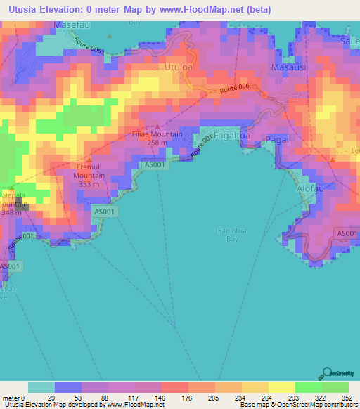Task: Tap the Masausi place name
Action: point(288,68)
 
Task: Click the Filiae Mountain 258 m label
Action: point(157,138)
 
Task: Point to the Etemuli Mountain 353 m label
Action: point(88,176)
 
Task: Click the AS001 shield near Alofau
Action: point(346,233)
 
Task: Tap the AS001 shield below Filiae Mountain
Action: point(155,164)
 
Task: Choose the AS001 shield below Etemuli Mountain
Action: point(105,211)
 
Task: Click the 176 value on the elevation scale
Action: point(174,397)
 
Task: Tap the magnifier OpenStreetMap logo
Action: point(327,373)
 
